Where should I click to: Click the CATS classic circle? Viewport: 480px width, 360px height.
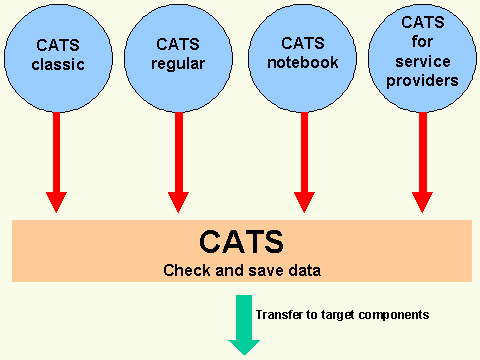pyautogui.click(x=56, y=56)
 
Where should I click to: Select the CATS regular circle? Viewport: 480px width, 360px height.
pyautogui.click(x=179, y=56)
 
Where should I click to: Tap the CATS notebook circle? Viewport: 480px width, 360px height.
pyautogui.click(x=303, y=56)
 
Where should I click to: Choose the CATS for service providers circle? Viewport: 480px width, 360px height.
pyautogui.click(x=423, y=56)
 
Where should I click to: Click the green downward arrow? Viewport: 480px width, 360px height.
pyautogui.click(x=244, y=322)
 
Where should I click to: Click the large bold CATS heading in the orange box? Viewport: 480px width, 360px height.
pyautogui.click(x=240, y=242)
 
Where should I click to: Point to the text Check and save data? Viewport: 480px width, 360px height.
pyautogui.click(x=240, y=270)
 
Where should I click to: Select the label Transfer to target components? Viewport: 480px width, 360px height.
pyautogui.click(x=342, y=314)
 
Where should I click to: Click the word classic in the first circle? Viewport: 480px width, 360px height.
pyautogui.click(x=56, y=67)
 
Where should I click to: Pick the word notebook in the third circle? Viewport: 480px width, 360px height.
pyautogui.click(x=303, y=62)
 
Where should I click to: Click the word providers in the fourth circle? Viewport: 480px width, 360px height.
pyautogui.click(x=423, y=79)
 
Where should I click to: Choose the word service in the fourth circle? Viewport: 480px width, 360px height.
pyautogui.click(x=423, y=60)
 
